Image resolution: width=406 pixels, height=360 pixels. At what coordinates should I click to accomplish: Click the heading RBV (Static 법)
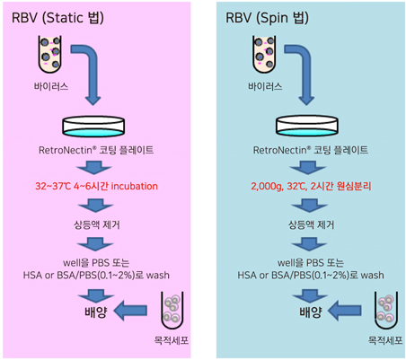pyautogui.click(x=57, y=18)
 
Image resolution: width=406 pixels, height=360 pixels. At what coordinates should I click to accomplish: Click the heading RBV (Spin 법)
pyautogui.click(x=267, y=18)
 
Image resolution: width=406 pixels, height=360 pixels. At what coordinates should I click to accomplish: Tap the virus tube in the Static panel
pyautogui.click(x=50, y=54)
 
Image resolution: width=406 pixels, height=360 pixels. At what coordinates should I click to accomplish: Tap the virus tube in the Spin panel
pyautogui.click(x=264, y=54)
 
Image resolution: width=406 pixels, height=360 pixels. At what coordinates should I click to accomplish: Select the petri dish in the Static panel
pyautogui.click(x=93, y=127)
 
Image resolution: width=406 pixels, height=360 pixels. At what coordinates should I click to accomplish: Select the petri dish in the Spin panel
pyautogui.click(x=307, y=127)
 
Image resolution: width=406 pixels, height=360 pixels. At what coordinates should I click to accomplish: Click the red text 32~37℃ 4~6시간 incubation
pyautogui.click(x=96, y=186)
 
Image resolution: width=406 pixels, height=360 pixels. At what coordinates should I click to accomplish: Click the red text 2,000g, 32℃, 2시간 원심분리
pyautogui.click(x=311, y=186)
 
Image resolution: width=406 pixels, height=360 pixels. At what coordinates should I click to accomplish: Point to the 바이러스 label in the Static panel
pyautogui.click(x=51, y=86)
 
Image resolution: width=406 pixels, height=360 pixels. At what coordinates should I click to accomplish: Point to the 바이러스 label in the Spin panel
pyautogui.click(x=265, y=86)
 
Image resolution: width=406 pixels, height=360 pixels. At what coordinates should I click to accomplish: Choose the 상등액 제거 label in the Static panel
pyautogui.click(x=97, y=224)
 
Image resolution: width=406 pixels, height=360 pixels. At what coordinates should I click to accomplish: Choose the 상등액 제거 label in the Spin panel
pyautogui.click(x=311, y=224)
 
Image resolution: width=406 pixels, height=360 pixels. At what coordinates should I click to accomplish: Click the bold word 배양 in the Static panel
pyautogui.click(x=96, y=312)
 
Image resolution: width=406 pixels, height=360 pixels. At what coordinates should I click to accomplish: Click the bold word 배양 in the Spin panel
pyautogui.click(x=311, y=312)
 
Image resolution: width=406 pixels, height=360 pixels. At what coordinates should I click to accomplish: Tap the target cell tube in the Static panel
pyautogui.click(x=172, y=310)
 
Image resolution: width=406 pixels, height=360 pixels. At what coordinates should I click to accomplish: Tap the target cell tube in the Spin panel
pyautogui.click(x=386, y=310)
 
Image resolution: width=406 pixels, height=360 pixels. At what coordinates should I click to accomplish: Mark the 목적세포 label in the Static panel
pyautogui.click(x=172, y=340)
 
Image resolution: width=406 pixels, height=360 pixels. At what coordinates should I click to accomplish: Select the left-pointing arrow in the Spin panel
pyautogui.click(x=344, y=311)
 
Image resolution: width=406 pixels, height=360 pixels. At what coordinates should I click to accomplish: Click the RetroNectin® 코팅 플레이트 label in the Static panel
pyautogui.click(x=96, y=150)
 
